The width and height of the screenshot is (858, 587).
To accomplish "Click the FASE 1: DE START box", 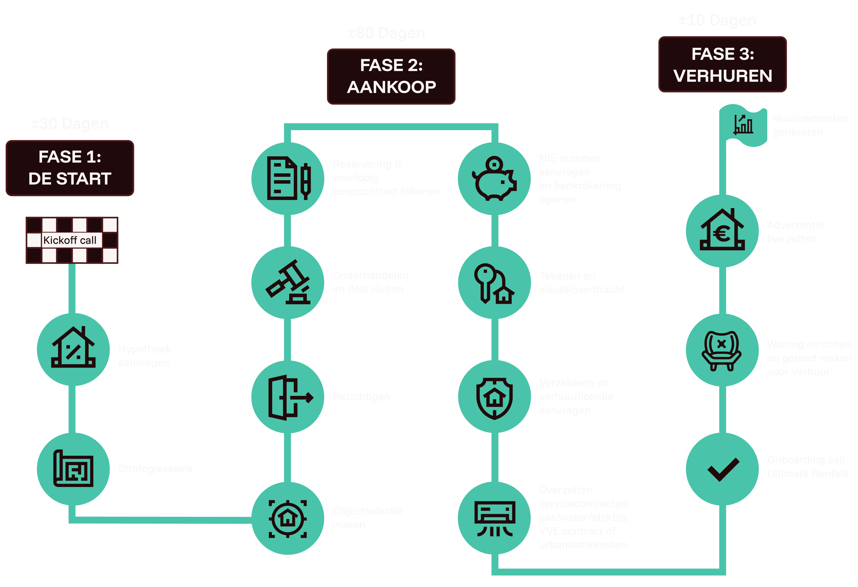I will [69, 168].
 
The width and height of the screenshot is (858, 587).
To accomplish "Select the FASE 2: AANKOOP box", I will [391, 76].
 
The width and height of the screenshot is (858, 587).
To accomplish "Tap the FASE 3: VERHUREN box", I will [722, 65].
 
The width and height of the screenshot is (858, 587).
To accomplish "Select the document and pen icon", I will [288, 178].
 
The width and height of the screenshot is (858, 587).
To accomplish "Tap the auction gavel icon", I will [288, 282].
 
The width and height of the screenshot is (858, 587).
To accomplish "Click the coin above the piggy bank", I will [494, 163].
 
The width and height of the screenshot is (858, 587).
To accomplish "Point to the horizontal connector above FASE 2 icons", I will [391, 127].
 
